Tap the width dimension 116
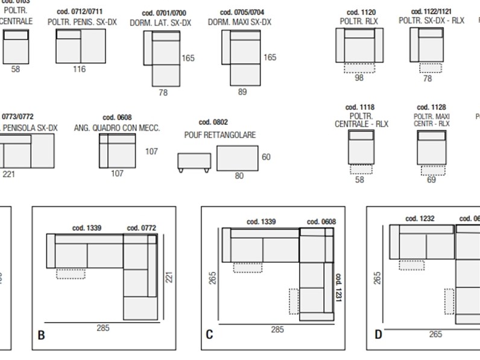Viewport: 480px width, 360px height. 79,69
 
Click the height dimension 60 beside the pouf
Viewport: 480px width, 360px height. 266,157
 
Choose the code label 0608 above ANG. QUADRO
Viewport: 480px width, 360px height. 117,118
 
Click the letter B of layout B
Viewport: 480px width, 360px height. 41,335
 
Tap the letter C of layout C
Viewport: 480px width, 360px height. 209,335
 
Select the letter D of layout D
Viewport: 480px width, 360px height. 378,335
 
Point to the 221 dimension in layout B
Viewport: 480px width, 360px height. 169,277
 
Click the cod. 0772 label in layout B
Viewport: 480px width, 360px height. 142,228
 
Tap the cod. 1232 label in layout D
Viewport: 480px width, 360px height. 420,219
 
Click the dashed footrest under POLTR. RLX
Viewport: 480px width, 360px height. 359,68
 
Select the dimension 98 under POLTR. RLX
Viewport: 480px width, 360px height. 359,78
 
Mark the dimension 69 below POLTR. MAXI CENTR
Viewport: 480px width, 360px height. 431,180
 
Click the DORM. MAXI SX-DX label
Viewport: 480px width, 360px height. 239,22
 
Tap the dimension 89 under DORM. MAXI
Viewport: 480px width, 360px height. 242,92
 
